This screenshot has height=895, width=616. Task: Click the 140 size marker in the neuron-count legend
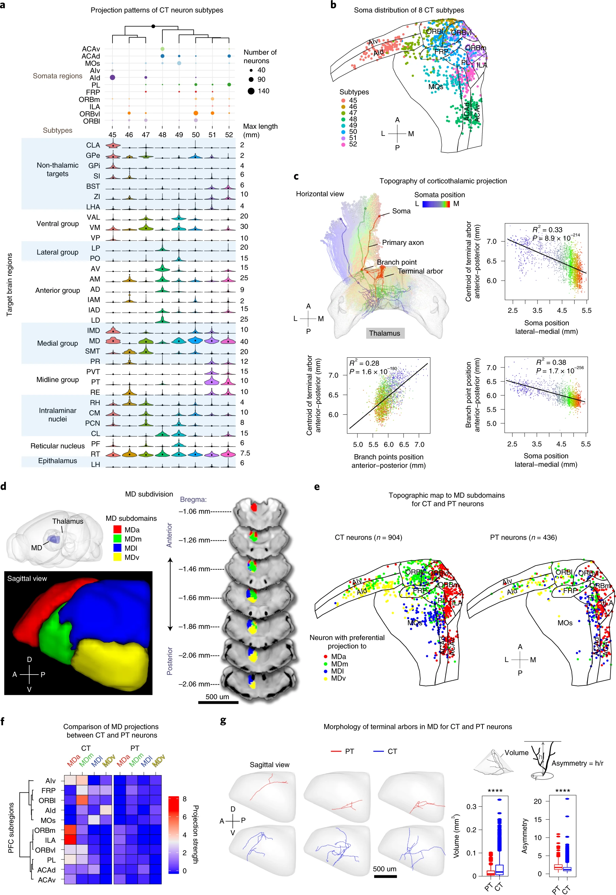[251, 91]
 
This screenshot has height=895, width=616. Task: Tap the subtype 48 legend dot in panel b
[343, 119]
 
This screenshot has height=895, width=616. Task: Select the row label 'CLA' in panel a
[93, 145]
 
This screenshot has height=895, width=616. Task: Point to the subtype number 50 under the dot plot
[196, 135]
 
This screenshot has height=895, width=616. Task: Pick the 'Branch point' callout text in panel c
[397, 262]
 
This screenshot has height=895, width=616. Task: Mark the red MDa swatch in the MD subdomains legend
[117, 530]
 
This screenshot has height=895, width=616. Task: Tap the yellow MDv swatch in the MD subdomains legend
[117, 557]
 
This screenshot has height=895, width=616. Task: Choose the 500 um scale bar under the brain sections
[218, 702]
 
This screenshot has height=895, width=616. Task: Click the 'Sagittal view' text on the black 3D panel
[27, 579]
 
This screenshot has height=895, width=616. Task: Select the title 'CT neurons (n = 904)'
[368, 537]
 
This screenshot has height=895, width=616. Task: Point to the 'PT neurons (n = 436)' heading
[523, 537]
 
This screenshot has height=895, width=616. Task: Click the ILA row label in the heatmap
[50, 840]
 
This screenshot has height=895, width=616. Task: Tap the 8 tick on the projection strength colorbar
[184, 799]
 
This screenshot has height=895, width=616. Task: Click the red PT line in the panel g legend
[336, 751]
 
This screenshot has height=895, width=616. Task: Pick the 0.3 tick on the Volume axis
[471, 807]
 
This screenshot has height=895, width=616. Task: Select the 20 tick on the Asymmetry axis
[537, 801]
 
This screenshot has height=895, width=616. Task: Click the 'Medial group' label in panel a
[57, 343]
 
